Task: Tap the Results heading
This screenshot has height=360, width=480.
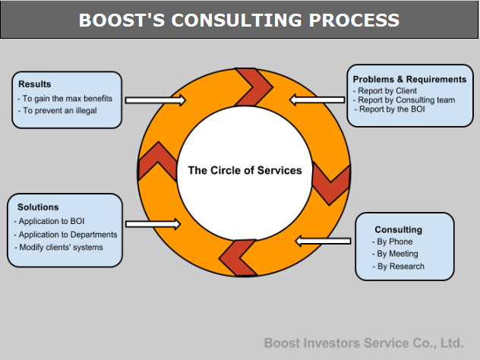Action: pyautogui.click(x=35, y=84)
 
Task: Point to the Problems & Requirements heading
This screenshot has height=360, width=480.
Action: pyautogui.click(x=409, y=79)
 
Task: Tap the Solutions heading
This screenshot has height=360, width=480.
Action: pyautogui.click(x=38, y=207)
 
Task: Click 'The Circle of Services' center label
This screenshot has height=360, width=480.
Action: pyautogui.click(x=245, y=170)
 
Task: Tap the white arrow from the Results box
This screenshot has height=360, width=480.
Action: pyautogui.click(x=156, y=100)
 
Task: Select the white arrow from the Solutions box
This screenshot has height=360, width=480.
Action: pyautogui.click(x=153, y=224)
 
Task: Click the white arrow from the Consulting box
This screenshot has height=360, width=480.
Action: pyautogui.click(x=324, y=242)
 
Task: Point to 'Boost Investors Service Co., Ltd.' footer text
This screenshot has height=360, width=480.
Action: pyautogui.click(x=364, y=343)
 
